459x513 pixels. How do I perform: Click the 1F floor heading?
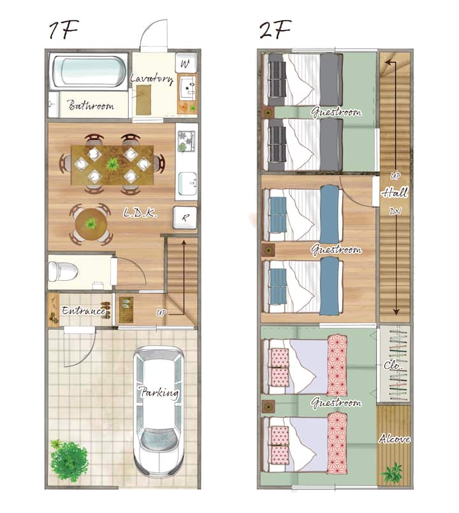(63, 31)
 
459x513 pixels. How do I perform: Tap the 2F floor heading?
(275, 30)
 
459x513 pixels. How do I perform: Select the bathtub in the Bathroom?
(89, 71)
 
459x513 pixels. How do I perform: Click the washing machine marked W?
(186, 63)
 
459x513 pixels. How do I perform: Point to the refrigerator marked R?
(185, 218)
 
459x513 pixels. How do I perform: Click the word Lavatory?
(152, 78)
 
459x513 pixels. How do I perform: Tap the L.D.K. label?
(141, 213)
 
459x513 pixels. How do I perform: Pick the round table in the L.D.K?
(91, 225)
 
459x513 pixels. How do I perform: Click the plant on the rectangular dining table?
(113, 164)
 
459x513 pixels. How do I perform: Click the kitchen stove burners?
(186, 140)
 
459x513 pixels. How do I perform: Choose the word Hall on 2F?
(395, 193)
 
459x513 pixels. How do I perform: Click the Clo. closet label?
(393, 364)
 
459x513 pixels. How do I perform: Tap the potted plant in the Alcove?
(393, 472)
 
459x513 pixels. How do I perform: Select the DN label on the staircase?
(395, 211)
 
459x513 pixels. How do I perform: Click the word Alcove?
(394, 438)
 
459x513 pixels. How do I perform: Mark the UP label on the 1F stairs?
(161, 313)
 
